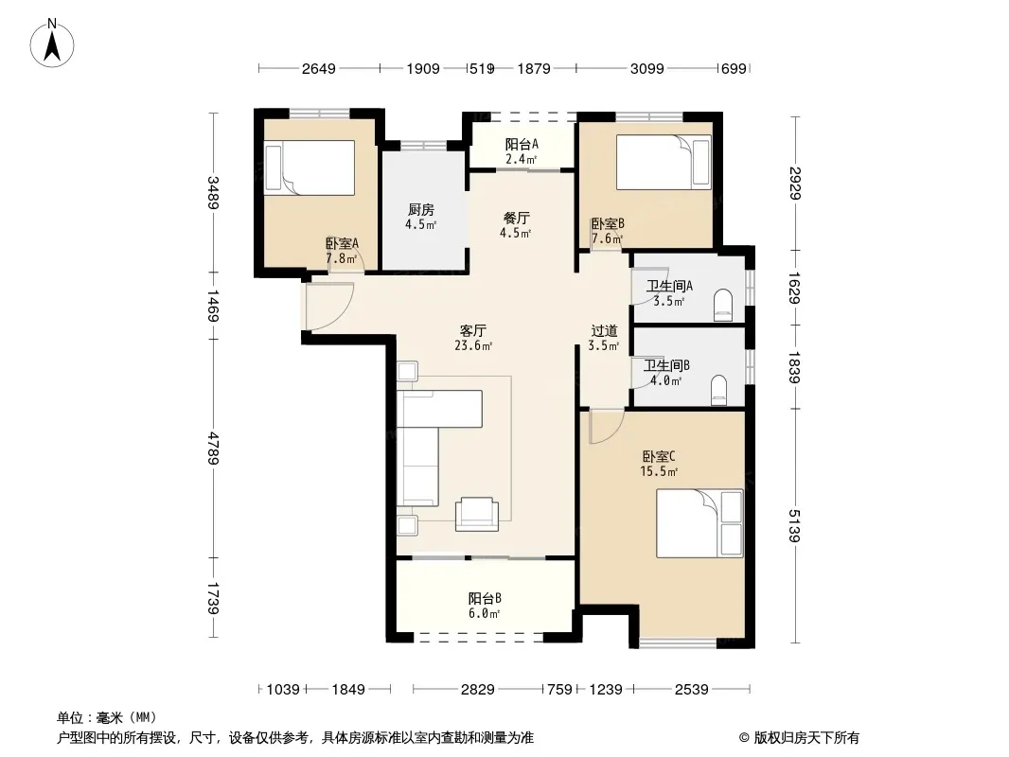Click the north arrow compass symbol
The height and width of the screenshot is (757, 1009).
tap(52, 44)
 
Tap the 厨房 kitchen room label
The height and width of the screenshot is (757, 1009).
tap(421, 210)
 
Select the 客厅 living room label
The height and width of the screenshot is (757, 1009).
tap(473, 330)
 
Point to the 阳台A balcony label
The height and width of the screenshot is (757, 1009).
tap(522, 144)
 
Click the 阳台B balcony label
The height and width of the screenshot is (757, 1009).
tap(485, 598)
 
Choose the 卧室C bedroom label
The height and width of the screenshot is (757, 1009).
tap(659, 457)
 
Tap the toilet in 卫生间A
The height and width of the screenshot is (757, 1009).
tap(723, 305)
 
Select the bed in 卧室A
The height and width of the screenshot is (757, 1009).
tap(310, 167)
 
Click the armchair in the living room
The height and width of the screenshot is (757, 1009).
tap(477, 514)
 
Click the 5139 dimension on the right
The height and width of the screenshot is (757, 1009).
tap(795, 525)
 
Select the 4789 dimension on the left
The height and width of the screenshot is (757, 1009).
tap(214, 449)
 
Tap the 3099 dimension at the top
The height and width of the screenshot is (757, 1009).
tap(646, 68)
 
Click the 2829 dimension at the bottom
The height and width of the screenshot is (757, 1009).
tap(477, 690)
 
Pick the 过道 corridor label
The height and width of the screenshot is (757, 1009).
tap(604, 330)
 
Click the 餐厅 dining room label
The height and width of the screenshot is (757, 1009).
tap(516, 218)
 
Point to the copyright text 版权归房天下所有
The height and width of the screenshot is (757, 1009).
tap(806, 738)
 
